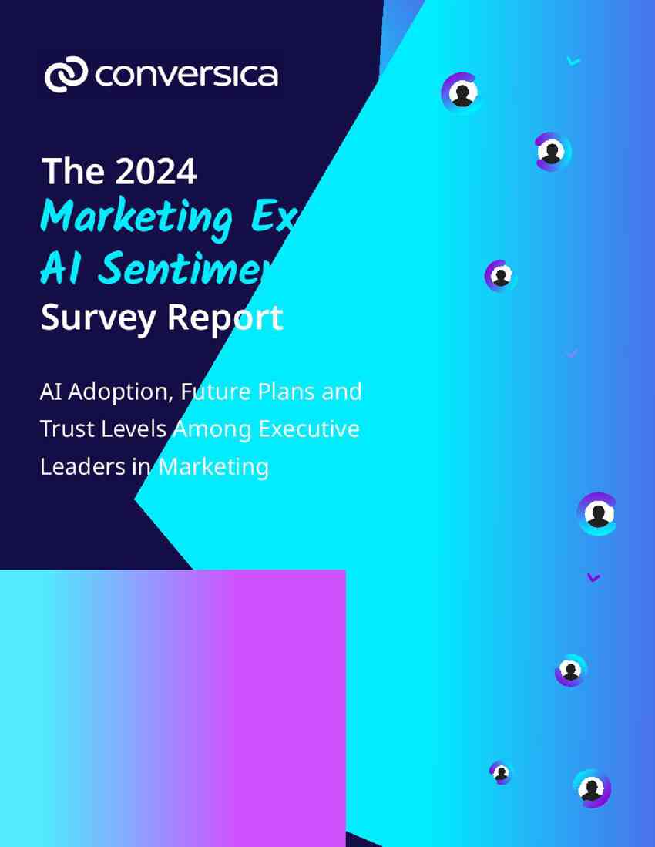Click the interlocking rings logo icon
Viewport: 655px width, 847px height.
[x=66, y=75]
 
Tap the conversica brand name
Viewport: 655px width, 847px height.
[x=186, y=76]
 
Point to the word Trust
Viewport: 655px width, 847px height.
[x=63, y=429]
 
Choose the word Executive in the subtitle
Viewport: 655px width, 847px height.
[x=309, y=429]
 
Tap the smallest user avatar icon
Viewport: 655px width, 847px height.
[x=501, y=771]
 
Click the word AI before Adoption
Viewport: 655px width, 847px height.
[x=50, y=392]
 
